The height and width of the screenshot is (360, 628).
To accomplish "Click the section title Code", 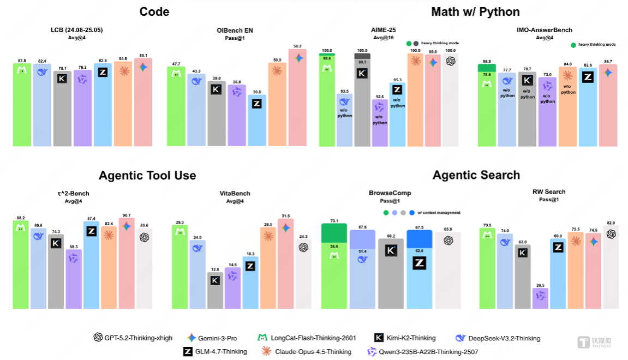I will tap(154, 11).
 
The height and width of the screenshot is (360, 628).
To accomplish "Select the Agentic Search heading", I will tap(476, 175).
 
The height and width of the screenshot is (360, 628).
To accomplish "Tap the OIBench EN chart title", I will tap(236, 30).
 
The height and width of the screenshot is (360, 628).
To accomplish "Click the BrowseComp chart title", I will tap(390, 193).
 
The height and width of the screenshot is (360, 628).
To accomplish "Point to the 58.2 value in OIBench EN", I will tap(297, 46).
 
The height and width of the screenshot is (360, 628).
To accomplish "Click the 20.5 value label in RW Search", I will tap(540, 285).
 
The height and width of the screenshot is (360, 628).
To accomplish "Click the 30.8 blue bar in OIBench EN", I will tap(257, 120).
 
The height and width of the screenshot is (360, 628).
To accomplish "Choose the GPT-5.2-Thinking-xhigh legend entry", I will tap(133, 338).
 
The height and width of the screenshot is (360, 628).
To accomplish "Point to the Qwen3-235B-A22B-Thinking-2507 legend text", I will tap(430, 352).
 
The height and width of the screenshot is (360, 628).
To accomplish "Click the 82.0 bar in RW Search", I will tap(611, 267).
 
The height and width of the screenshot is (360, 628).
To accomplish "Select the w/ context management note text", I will tap(439, 213).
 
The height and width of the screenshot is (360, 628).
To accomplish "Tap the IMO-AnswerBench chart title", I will tap(546, 30).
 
